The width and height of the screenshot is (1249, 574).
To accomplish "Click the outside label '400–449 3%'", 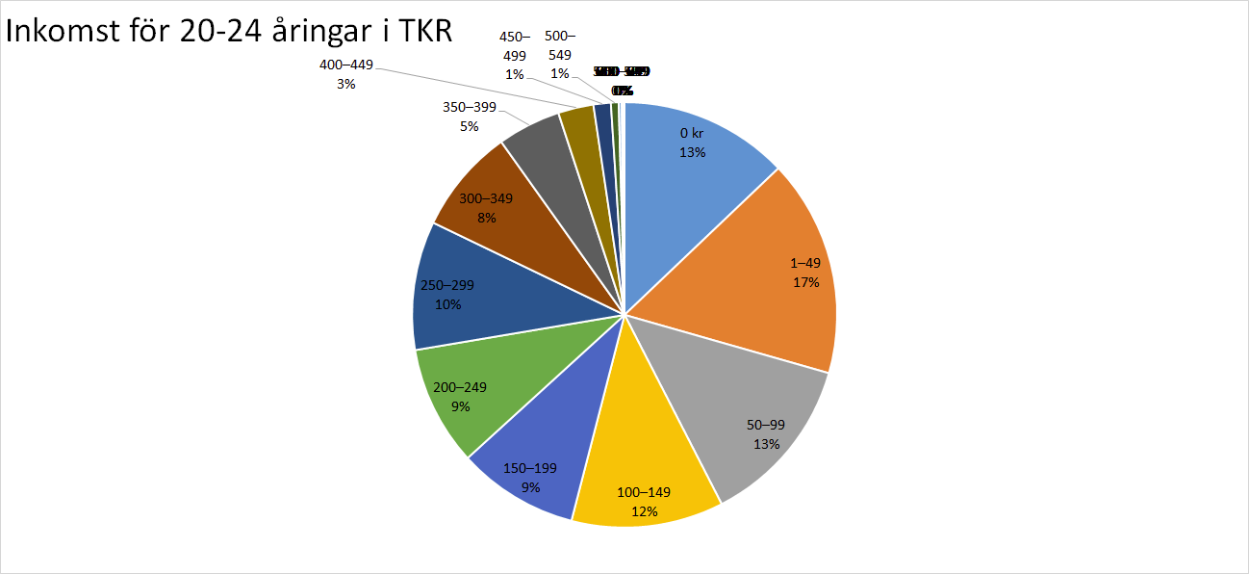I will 345,75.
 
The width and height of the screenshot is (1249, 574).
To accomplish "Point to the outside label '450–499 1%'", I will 514,55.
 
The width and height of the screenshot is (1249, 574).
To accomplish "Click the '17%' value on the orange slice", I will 806,282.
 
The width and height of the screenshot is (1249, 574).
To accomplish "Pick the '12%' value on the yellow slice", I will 644,510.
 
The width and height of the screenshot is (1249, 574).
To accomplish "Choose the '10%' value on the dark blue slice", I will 448,304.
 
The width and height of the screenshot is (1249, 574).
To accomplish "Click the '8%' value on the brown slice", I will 487,218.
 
